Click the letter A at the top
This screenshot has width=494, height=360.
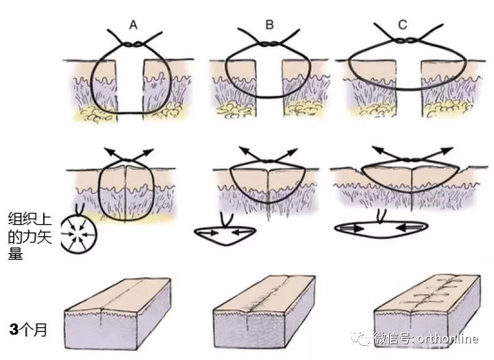133,25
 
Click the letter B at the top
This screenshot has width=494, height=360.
269,25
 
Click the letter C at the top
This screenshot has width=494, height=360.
403,25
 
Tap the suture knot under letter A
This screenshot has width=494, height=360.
133,44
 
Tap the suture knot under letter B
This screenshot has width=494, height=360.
269,43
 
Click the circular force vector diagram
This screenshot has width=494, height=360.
79,234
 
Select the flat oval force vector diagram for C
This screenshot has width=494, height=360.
381,229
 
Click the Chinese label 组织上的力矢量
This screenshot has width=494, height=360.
29,237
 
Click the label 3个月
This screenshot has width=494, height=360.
28,330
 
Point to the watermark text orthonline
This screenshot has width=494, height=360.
448,339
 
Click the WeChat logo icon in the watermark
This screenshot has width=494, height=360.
361,338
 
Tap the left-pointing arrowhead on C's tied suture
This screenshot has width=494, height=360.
378,150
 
